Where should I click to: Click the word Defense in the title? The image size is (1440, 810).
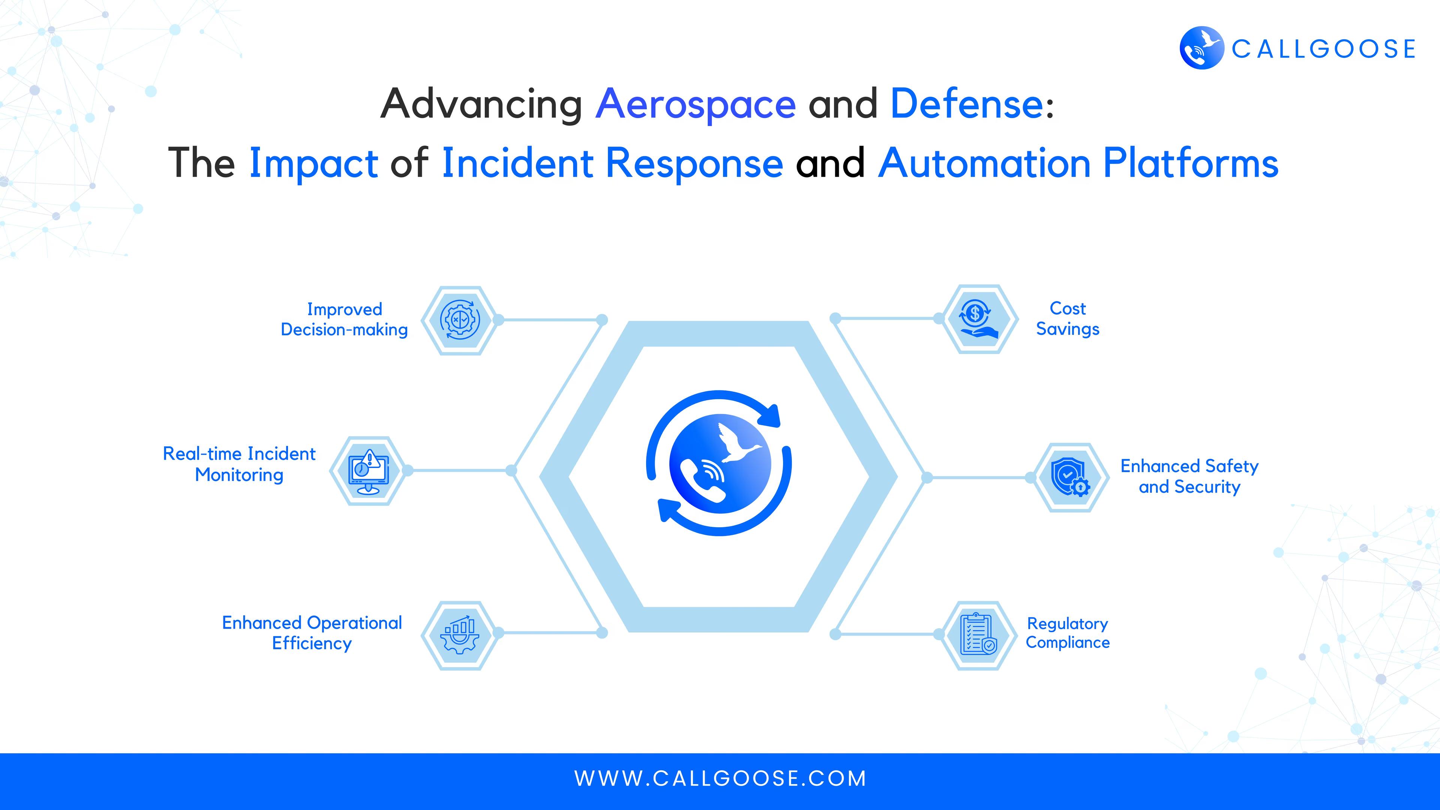click(x=966, y=104)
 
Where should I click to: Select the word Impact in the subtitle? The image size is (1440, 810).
click(x=313, y=164)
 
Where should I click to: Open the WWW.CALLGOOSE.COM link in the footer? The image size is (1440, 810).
click(x=720, y=779)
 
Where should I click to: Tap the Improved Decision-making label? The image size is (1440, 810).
click(x=344, y=319)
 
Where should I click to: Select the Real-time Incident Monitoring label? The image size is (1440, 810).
click(x=239, y=464)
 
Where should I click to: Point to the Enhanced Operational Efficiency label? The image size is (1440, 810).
click(x=312, y=633)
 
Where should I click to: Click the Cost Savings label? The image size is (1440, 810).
click(x=1068, y=319)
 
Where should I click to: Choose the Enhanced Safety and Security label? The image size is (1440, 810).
click(x=1189, y=476)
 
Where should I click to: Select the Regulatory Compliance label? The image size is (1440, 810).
click(x=1068, y=633)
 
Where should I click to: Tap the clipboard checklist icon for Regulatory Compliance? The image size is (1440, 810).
click(x=978, y=635)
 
